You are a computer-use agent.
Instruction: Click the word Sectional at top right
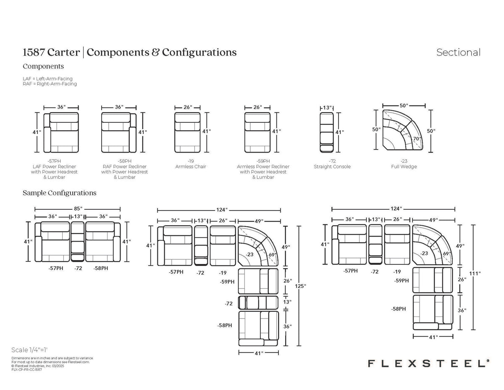[x=458, y=53]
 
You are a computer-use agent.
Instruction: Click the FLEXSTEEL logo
[x=429, y=364]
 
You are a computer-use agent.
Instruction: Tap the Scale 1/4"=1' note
[x=29, y=350]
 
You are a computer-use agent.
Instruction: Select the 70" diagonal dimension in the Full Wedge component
[x=417, y=139]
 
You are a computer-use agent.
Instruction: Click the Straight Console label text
[x=332, y=166]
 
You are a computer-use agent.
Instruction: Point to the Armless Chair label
[x=191, y=166]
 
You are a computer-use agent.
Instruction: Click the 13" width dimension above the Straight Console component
[x=327, y=108]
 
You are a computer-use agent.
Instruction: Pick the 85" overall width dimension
[x=78, y=208]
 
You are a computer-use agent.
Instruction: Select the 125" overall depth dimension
[x=300, y=286]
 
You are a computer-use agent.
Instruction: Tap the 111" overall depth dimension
[x=475, y=274]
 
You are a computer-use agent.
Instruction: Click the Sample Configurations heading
[x=59, y=193]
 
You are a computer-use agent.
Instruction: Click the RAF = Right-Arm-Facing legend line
[x=50, y=84]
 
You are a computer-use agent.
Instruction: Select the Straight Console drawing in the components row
[x=327, y=132]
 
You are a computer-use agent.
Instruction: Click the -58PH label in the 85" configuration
[x=101, y=268]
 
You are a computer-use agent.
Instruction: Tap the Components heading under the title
[x=43, y=66]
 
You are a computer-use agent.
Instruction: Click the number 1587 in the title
[x=34, y=52]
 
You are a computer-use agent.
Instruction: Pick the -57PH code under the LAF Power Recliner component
[x=54, y=161]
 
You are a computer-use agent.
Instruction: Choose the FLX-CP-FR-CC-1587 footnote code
[x=27, y=369]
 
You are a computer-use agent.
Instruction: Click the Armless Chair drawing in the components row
[x=187, y=132]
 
